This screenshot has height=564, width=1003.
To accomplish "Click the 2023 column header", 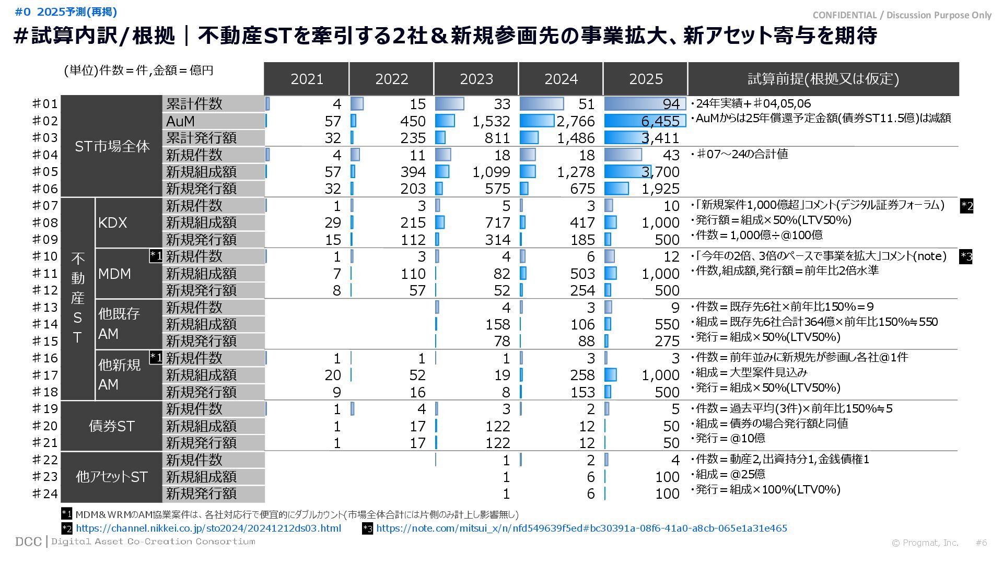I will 476,79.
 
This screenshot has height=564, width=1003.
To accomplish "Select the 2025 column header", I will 645,79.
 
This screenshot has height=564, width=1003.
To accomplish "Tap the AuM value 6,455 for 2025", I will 660,121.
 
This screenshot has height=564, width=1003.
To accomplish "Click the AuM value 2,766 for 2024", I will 575,121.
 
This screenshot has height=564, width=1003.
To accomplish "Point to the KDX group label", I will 113,222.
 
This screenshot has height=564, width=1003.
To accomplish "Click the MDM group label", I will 114,274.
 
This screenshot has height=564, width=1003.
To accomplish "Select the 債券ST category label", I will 111,426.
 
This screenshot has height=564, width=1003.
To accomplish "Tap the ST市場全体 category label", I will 112,146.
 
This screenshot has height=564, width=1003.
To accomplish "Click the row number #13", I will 45,307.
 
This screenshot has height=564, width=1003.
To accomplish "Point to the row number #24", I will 45,494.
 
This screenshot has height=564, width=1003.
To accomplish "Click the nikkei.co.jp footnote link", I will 208,528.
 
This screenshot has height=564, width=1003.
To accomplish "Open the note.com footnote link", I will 581,528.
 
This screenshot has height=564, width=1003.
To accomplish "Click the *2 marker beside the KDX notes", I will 966,206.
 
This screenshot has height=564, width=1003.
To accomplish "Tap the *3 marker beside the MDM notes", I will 966,256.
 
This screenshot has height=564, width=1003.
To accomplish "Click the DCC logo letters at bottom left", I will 28,542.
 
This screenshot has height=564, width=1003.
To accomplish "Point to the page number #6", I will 981,543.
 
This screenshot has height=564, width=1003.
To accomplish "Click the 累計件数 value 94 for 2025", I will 671,104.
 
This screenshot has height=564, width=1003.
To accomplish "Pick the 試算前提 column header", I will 823,79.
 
